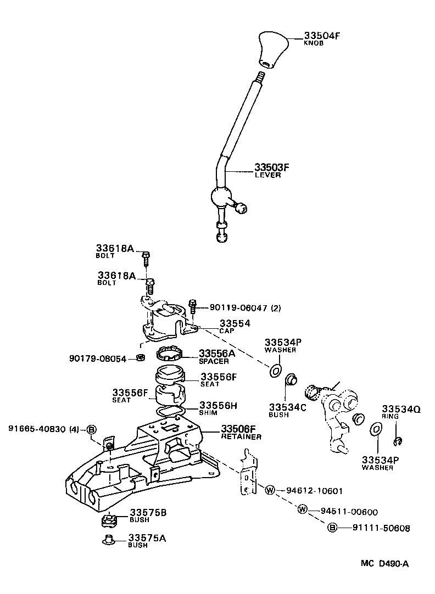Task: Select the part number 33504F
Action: click(x=322, y=36)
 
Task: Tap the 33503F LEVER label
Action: click(x=271, y=170)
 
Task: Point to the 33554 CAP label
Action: click(x=235, y=327)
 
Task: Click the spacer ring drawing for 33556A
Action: click(x=169, y=354)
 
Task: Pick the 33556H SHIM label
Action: click(x=217, y=409)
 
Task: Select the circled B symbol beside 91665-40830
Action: click(x=92, y=429)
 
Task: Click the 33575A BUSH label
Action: click(x=147, y=541)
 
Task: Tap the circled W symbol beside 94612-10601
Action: click(x=270, y=490)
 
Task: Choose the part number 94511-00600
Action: click(x=349, y=512)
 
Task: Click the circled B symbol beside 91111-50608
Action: click(x=332, y=528)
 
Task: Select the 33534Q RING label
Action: click(x=401, y=412)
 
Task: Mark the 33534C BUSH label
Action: click(x=287, y=410)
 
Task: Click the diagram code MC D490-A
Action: click(x=384, y=563)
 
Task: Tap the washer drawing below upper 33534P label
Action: click(x=275, y=371)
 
